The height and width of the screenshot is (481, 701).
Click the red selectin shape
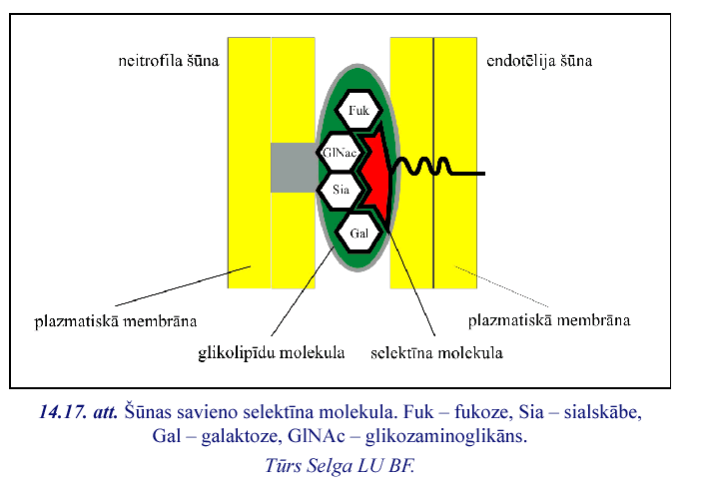pyautogui.click(x=374, y=175)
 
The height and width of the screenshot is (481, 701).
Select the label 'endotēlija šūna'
pyautogui.click(x=539, y=61)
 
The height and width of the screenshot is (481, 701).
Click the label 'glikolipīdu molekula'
pyautogui.click(x=271, y=351)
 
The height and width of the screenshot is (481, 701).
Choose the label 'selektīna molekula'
pyautogui.click(x=436, y=351)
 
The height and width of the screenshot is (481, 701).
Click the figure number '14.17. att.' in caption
pyautogui.click(x=79, y=412)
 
